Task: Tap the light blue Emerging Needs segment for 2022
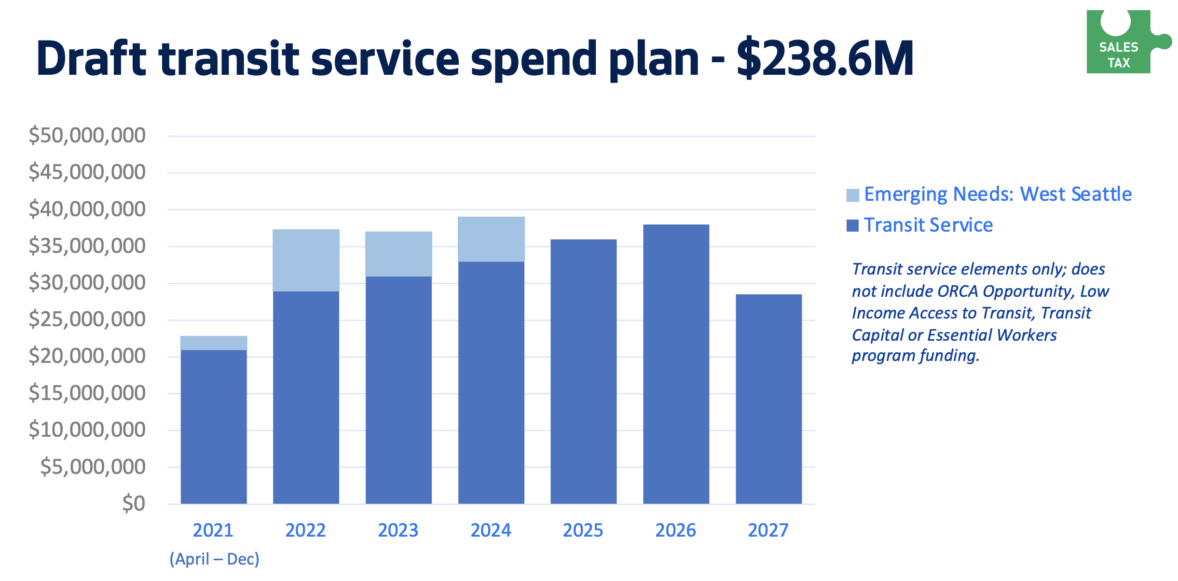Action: (x=306, y=260)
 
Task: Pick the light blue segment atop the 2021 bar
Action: (x=214, y=343)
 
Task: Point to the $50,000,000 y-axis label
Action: (x=87, y=135)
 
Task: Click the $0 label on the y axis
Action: (x=134, y=503)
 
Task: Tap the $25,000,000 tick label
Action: (x=87, y=319)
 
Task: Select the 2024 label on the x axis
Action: (x=491, y=530)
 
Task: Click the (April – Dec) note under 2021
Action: (x=214, y=559)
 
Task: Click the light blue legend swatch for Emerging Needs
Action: (x=852, y=195)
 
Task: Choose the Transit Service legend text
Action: (x=928, y=225)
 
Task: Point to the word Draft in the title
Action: (x=91, y=59)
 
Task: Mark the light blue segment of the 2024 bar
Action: (x=491, y=239)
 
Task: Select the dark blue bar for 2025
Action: (x=583, y=372)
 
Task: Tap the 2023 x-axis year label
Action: (x=398, y=530)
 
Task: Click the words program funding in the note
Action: (x=915, y=356)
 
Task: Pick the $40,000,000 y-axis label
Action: (x=87, y=209)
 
